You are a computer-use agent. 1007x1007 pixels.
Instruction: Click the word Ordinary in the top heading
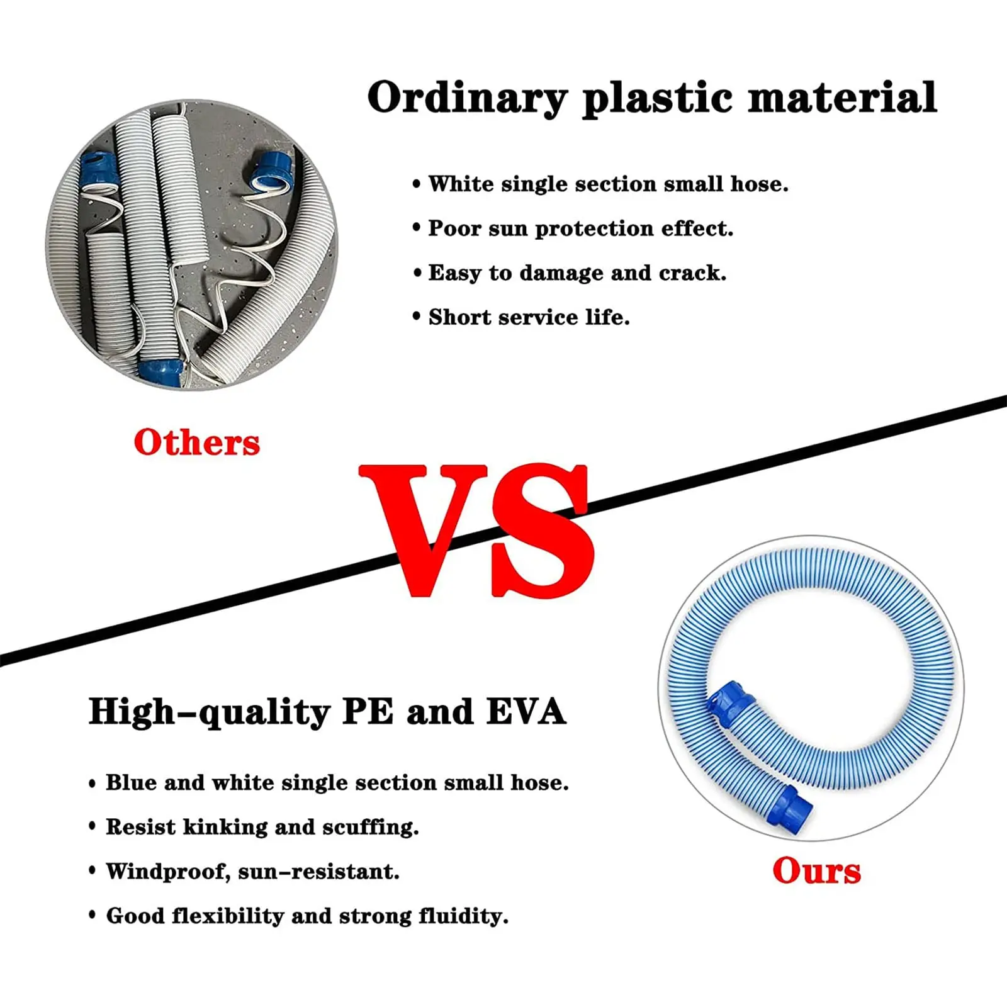coord(467,99)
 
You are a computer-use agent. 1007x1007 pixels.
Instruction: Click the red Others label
coord(196,442)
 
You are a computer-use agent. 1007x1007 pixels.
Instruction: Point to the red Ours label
coord(816,870)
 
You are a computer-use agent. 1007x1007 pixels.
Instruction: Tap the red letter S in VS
coord(541,530)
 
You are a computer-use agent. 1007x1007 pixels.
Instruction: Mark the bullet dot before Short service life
coord(416,317)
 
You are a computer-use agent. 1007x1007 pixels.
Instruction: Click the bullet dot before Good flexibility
coord(93,915)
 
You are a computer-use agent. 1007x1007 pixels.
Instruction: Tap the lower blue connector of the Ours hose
coord(790,810)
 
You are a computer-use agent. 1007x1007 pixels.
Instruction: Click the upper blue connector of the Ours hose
coord(731,703)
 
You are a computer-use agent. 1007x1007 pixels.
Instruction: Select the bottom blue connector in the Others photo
coord(161,372)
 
